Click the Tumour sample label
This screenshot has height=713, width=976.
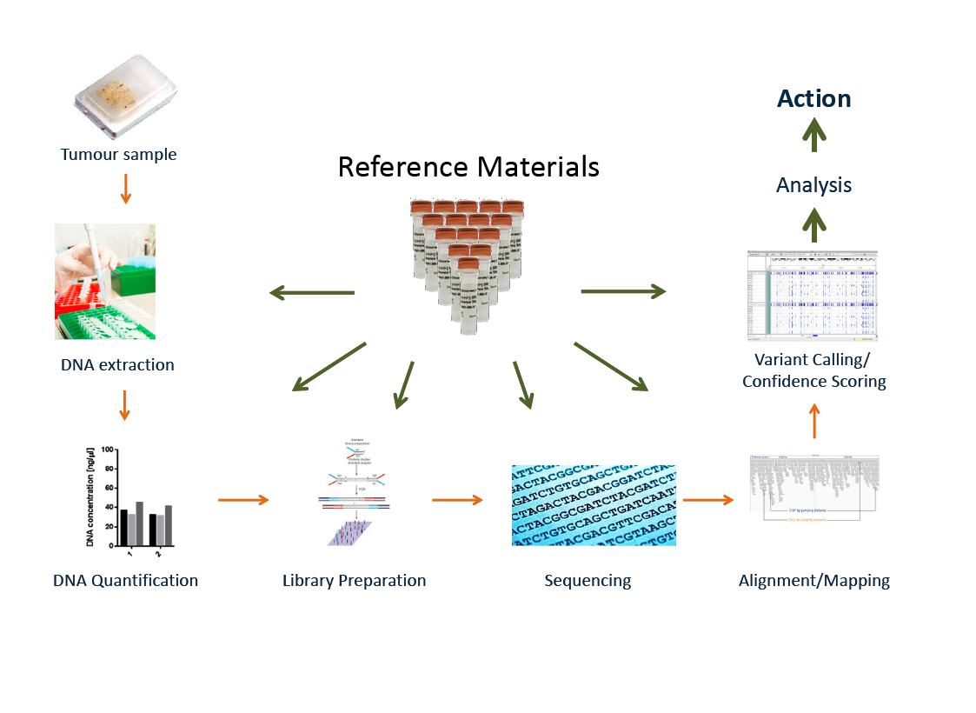[x=118, y=155]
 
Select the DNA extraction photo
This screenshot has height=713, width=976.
[x=105, y=281]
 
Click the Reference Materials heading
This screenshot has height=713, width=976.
[x=468, y=166]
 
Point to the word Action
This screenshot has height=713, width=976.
[x=814, y=98]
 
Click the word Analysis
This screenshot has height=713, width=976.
[x=814, y=185]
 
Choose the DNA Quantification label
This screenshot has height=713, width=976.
[x=125, y=580]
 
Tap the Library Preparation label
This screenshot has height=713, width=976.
[x=354, y=580]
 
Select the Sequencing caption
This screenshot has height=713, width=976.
[x=588, y=580]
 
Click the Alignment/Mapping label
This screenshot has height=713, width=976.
[x=813, y=580]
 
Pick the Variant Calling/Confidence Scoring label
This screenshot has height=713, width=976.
[x=814, y=370]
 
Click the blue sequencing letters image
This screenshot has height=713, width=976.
[x=594, y=505]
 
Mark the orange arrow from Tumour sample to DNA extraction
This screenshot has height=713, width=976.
[x=125, y=189]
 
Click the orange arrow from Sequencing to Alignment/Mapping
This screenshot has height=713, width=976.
[x=708, y=500]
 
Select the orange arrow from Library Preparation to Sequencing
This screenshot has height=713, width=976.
[x=457, y=500]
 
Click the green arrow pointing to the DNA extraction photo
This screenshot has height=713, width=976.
[x=312, y=293]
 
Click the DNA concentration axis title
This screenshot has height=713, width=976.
[x=90, y=500]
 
